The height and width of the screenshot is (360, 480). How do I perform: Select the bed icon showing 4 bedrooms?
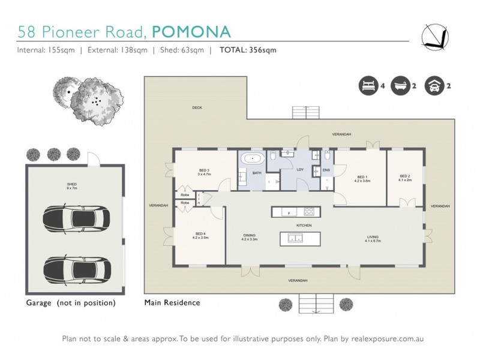point(368,86)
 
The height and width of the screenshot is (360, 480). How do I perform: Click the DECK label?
point(196,108)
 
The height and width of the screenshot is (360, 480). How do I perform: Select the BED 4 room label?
point(200,236)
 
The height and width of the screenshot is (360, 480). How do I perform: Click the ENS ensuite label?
point(326,170)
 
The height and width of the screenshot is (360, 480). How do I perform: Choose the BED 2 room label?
point(405,178)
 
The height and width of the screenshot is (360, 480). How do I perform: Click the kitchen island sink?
point(295,239)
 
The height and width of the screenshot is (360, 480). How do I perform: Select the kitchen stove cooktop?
point(310,211)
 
